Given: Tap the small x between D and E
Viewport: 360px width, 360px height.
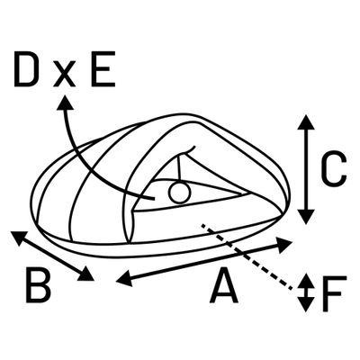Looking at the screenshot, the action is (64, 76).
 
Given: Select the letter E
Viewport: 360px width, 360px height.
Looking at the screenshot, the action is (103, 68).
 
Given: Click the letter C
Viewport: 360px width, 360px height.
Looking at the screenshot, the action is (334, 169).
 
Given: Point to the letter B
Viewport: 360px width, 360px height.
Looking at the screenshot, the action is (38, 285).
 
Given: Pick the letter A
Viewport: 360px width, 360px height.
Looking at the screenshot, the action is (224, 285).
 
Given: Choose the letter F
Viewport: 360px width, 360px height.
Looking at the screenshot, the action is (334, 292).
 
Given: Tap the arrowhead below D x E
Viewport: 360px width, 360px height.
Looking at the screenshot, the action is (65, 103).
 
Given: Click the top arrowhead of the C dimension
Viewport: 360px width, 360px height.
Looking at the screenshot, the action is (306, 122).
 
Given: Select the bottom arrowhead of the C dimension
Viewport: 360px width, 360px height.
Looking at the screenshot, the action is (306, 217).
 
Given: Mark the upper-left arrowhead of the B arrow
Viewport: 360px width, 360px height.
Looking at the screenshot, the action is (20, 238).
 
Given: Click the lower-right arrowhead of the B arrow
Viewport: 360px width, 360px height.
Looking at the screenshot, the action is (86, 274).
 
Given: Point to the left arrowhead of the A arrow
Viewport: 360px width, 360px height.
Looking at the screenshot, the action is (124, 278).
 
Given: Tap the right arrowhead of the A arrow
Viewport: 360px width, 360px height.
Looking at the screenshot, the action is (283, 245).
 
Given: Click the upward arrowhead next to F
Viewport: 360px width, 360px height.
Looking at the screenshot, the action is (306, 281).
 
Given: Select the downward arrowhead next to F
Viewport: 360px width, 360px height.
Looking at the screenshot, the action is (306, 304).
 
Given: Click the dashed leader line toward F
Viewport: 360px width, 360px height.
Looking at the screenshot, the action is (246, 256).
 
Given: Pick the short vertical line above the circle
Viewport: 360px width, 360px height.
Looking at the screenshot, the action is (179, 168).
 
